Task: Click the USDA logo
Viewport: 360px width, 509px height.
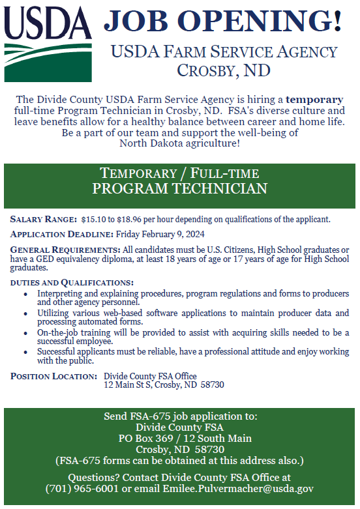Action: click(x=48, y=42)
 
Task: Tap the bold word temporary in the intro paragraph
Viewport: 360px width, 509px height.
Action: click(x=314, y=100)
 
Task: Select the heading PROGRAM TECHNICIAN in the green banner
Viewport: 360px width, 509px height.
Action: click(x=180, y=189)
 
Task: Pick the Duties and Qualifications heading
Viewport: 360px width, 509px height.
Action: click(x=72, y=282)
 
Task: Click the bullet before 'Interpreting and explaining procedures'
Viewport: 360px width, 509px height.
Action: click(x=25, y=294)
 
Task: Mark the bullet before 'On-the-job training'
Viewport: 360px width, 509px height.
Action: click(x=25, y=333)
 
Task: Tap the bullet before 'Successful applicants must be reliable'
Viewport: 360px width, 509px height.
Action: click(x=25, y=352)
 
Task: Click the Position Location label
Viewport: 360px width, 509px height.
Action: click(x=53, y=376)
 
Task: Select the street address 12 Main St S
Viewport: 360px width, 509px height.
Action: click(x=130, y=385)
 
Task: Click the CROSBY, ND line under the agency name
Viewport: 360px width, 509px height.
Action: click(x=224, y=70)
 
